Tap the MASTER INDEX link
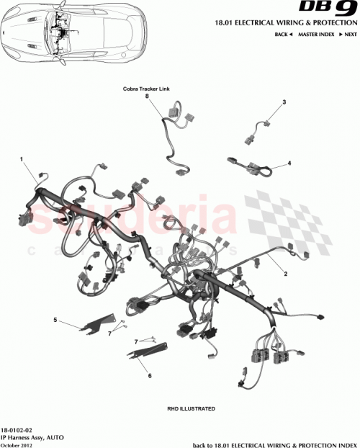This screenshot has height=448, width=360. [318, 35]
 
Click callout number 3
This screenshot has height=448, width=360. [284, 102]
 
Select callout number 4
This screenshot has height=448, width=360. [289, 163]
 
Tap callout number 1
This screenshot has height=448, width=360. [22, 159]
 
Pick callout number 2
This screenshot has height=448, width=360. [286, 274]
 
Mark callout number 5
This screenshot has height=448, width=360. [55, 318]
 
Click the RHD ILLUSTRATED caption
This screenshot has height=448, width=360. [191, 408]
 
